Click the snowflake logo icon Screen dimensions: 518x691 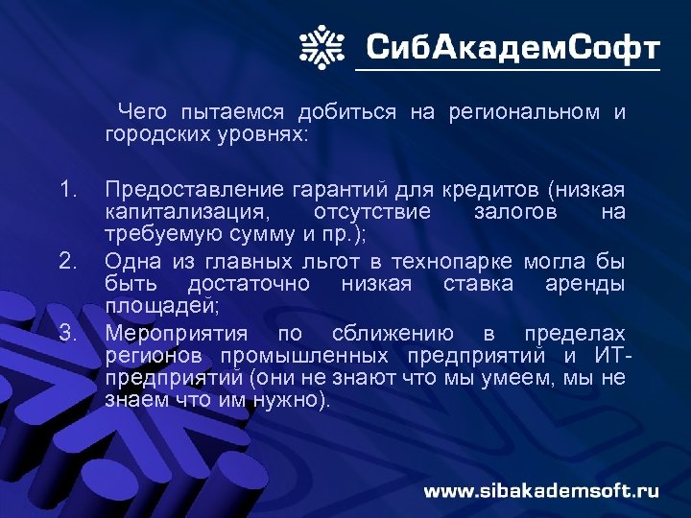click(x=322, y=45)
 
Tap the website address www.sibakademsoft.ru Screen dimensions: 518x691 click(x=542, y=491)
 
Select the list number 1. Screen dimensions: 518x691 click(x=66, y=189)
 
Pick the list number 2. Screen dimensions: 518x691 click(x=67, y=261)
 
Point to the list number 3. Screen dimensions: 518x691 click(x=67, y=333)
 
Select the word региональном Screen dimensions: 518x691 click(x=525, y=113)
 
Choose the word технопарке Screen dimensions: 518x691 click(x=456, y=261)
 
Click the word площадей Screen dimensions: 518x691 click(x=161, y=307)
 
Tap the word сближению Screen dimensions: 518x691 click(x=393, y=334)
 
